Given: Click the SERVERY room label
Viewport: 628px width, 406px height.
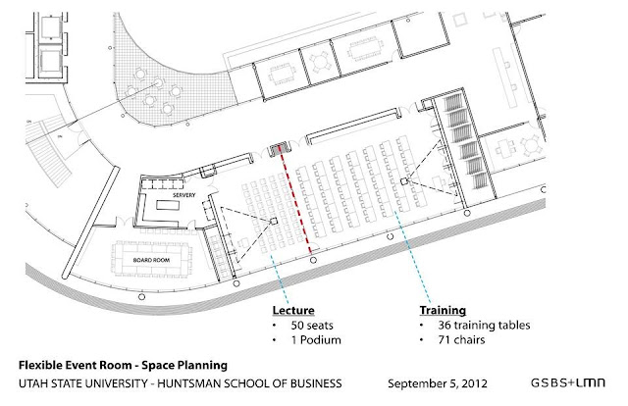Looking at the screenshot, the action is (x=183, y=195).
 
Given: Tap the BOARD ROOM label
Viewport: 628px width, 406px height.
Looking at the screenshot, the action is (x=151, y=260).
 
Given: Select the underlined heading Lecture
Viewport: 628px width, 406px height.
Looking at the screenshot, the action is (x=293, y=310).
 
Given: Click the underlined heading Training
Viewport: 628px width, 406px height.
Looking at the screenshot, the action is (x=443, y=310).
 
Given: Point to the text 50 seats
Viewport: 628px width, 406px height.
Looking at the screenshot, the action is (x=312, y=326).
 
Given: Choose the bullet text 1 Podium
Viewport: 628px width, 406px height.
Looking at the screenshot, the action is (x=316, y=340).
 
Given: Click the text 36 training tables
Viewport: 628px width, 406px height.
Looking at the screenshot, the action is (x=484, y=326).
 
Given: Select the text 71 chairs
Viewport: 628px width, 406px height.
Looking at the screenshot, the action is (x=461, y=340).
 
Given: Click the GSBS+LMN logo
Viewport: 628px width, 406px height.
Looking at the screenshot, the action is (x=568, y=382).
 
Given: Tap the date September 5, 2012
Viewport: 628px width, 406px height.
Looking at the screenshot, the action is (x=438, y=383).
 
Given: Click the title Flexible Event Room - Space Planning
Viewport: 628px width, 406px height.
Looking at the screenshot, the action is (x=123, y=365).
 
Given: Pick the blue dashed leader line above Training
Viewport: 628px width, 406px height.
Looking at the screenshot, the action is (x=412, y=256).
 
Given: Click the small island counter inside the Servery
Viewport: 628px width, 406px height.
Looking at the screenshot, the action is (x=166, y=205).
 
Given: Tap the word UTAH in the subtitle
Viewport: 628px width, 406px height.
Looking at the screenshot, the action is (x=31, y=383).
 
